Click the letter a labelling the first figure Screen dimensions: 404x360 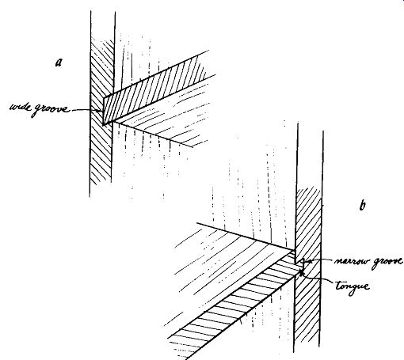pos(59,63)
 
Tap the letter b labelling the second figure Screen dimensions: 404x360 pos(363,205)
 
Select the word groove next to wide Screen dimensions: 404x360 pos(51,109)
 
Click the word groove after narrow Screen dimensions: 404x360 pos(387,262)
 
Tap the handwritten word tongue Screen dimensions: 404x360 pos(353,286)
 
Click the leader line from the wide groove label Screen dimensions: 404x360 pos(86,110)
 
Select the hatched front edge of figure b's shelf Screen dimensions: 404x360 pos(235,306)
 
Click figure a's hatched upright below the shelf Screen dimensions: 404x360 pos(101,153)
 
